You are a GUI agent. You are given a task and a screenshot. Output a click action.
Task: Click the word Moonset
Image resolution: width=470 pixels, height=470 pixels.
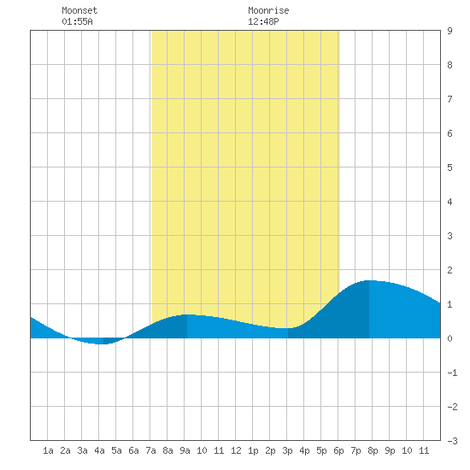(79, 10)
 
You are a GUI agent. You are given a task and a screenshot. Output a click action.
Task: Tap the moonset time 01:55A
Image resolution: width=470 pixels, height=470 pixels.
(77, 21)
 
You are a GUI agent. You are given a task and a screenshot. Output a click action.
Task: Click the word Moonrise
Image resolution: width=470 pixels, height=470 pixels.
(268, 10)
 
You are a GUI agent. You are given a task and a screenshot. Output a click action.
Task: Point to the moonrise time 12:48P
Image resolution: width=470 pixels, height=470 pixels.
(263, 21)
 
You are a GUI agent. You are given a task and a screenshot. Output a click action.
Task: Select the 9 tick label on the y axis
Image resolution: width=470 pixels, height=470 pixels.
(449, 31)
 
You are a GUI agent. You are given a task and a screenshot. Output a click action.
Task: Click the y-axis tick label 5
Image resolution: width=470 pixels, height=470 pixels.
(449, 167)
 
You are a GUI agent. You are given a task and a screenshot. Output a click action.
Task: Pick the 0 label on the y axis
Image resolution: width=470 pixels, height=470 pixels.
(449, 338)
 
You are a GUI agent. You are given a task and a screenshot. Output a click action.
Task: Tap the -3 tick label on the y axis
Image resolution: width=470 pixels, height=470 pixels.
(452, 441)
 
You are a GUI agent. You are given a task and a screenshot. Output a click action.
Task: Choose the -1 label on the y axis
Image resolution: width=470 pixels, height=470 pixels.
(452, 373)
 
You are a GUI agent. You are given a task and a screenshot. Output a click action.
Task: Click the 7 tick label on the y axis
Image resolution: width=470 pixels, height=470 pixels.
(449, 99)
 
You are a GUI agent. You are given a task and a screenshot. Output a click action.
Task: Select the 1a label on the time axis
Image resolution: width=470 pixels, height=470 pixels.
(48, 450)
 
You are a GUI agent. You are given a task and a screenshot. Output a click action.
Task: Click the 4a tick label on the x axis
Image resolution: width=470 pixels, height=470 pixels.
(99, 450)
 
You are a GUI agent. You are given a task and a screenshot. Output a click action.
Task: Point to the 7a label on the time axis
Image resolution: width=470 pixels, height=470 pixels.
(150, 450)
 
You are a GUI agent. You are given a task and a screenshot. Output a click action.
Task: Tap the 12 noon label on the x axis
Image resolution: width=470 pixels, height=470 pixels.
(236, 450)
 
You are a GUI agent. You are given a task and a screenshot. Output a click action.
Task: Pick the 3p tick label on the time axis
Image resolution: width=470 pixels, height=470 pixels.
(287, 450)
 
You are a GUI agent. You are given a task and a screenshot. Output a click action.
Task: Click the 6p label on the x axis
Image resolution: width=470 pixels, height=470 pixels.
(338, 450)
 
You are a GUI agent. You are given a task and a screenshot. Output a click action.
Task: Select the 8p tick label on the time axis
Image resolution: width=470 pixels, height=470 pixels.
(373, 450)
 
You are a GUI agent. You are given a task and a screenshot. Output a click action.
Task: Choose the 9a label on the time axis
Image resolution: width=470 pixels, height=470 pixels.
(185, 450)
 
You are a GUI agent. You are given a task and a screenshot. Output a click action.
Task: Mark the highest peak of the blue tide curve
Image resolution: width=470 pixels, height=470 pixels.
(369, 280)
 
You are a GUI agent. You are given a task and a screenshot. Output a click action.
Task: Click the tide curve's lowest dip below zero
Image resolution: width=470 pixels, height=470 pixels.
(103, 344)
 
